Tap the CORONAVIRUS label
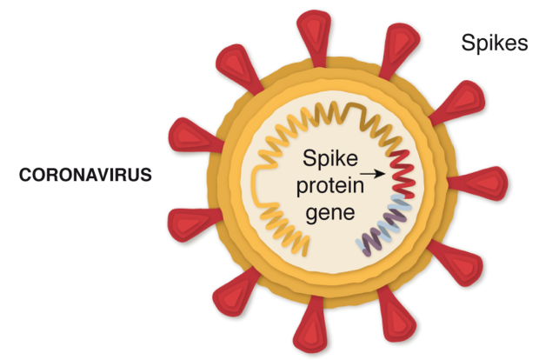point(86,174)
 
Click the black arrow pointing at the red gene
point(372,174)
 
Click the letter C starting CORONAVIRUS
point(25,174)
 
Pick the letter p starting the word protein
point(297,188)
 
